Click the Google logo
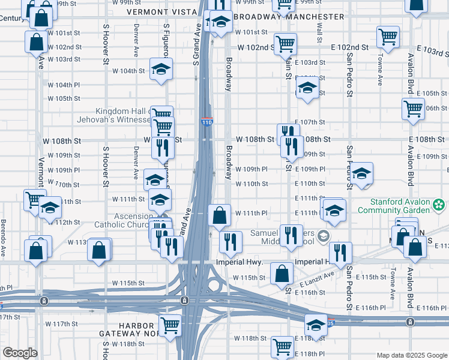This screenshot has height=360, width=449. point(20,353)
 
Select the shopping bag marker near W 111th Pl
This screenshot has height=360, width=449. point(220,215)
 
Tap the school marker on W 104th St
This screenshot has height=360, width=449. point(161,70)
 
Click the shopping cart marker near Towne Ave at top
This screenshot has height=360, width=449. point(388,37)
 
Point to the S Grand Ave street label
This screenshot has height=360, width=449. point(196,45)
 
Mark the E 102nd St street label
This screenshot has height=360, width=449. point(348,47)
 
